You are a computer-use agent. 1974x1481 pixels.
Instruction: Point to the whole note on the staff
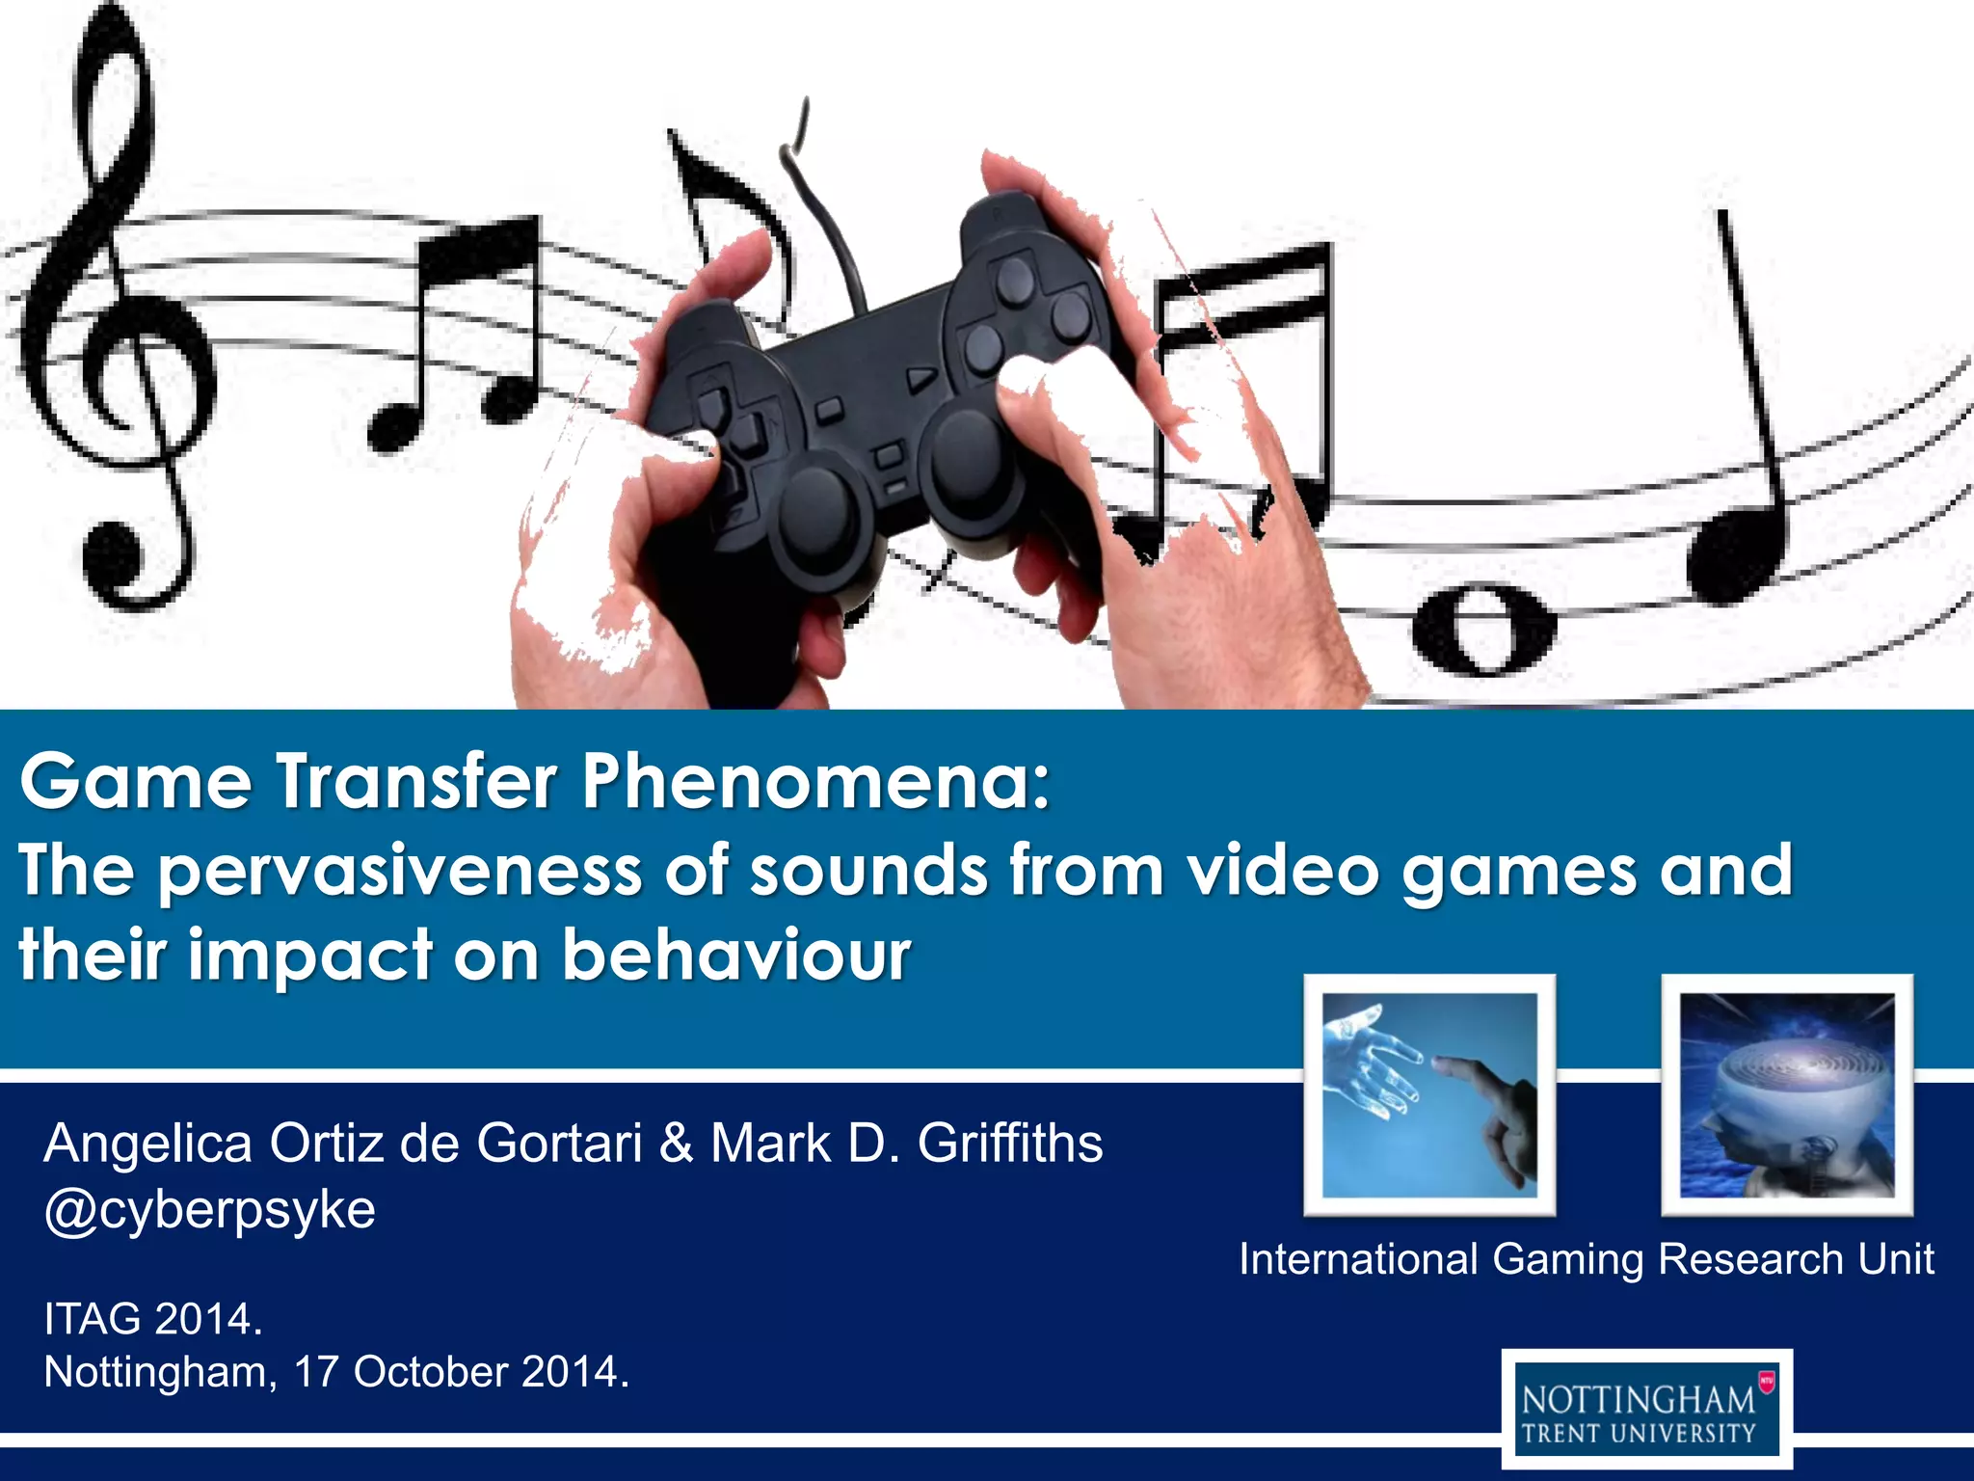1483,632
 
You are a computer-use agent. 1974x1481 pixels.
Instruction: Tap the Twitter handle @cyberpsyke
209,1210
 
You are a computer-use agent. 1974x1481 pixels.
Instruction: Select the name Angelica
148,1144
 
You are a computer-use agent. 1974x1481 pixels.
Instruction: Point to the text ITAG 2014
153,1319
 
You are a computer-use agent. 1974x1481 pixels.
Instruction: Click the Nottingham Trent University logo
1646,1409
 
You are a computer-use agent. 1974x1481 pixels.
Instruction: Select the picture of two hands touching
1429,1095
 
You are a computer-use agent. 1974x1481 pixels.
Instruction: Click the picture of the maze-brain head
1787,1095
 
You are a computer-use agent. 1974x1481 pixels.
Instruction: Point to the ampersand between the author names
677,1144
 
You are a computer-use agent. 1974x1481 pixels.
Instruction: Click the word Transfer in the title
417,781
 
